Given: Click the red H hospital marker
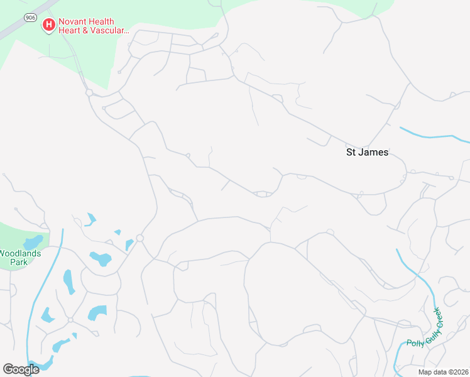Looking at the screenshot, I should click(x=48, y=25).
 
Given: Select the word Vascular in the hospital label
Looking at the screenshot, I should click(x=108, y=30).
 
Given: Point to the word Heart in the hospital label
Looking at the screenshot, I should click(x=71, y=30).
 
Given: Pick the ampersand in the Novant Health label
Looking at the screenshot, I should click(x=87, y=30).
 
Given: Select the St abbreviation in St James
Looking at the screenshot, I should click(x=352, y=152).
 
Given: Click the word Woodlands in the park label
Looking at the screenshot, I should click(x=19, y=253).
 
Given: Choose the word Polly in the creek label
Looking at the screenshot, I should click(x=415, y=343).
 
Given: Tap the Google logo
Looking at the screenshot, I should click(x=21, y=369).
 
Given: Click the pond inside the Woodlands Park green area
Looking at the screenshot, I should click(x=32, y=241).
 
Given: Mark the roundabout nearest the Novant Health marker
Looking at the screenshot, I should click(x=89, y=92).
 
